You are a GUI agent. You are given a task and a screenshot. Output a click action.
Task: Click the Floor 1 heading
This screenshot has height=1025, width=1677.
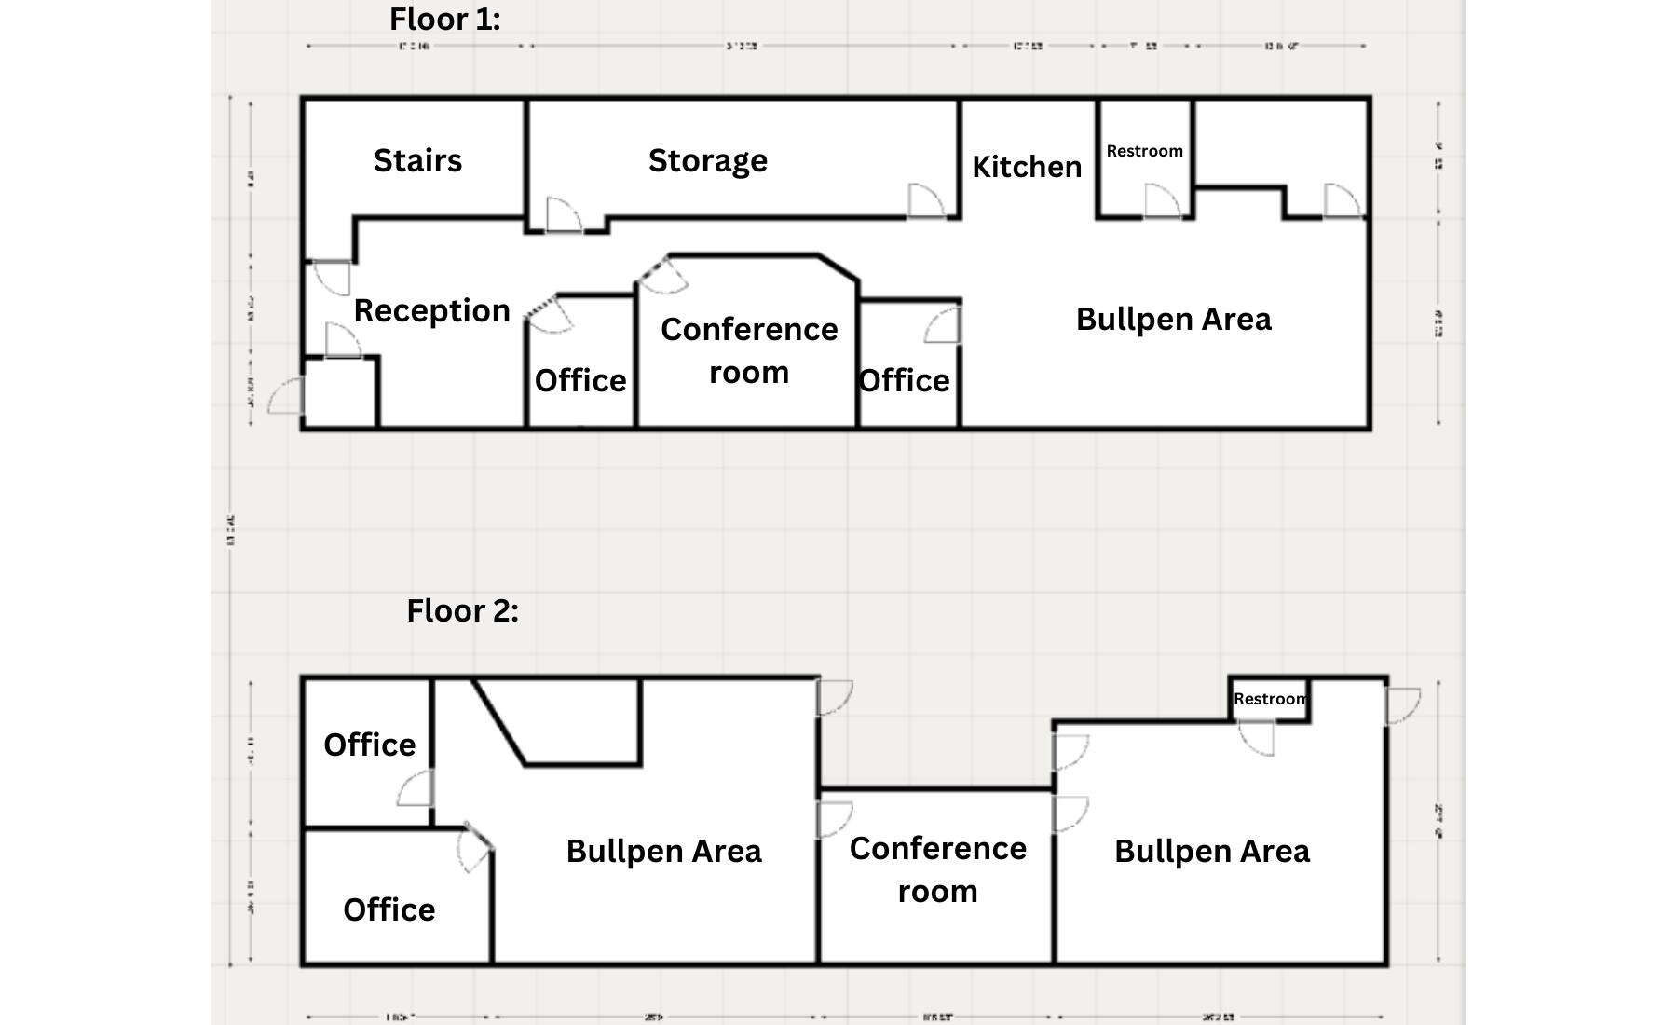click(444, 20)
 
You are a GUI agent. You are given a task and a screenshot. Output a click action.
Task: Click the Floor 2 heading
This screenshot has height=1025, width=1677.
click(462, 611)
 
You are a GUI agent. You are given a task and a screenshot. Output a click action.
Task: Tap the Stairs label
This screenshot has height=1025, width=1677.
click(417, 161)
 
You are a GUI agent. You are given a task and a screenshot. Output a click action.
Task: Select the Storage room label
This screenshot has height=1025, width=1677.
click(708, 161)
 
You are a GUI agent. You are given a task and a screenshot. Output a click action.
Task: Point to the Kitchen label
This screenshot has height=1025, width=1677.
click(1027, 168)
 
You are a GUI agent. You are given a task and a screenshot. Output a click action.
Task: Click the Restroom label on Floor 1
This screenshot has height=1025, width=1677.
click(1144, 151)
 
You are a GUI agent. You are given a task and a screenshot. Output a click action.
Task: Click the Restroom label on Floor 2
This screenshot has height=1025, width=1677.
click(1270, 699)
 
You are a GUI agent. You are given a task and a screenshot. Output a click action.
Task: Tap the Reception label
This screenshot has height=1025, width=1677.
click(431, 311)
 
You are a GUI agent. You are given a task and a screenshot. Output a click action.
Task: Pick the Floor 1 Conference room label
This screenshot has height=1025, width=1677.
click(749, 350)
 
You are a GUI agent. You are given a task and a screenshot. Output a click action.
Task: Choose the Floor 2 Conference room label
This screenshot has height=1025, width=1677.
click(937, 869)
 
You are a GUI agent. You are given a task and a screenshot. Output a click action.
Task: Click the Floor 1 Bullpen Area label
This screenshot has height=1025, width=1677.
click(1173, 320)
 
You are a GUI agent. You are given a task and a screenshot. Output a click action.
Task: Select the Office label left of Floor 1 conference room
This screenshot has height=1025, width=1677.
click(579, 381)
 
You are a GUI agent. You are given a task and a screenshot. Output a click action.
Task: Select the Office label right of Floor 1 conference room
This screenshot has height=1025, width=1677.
click(904, 381)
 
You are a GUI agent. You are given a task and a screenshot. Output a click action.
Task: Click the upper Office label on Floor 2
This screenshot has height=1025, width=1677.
click(369, 745)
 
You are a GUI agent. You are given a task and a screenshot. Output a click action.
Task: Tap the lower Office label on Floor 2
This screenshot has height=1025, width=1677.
click(389, 910)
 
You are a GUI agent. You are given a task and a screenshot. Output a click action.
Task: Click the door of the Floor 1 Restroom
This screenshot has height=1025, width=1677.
click(1162, 202)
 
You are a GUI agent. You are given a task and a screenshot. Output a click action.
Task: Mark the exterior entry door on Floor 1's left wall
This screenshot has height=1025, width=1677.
click(287, 397)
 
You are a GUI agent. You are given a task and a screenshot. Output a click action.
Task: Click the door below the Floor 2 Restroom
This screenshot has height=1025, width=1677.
click(1257, 738)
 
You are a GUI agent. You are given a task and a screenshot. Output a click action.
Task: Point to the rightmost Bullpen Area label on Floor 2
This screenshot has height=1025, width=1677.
click(1211, 852)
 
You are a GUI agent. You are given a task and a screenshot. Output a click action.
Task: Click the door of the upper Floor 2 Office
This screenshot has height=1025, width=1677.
click(416, 789)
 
